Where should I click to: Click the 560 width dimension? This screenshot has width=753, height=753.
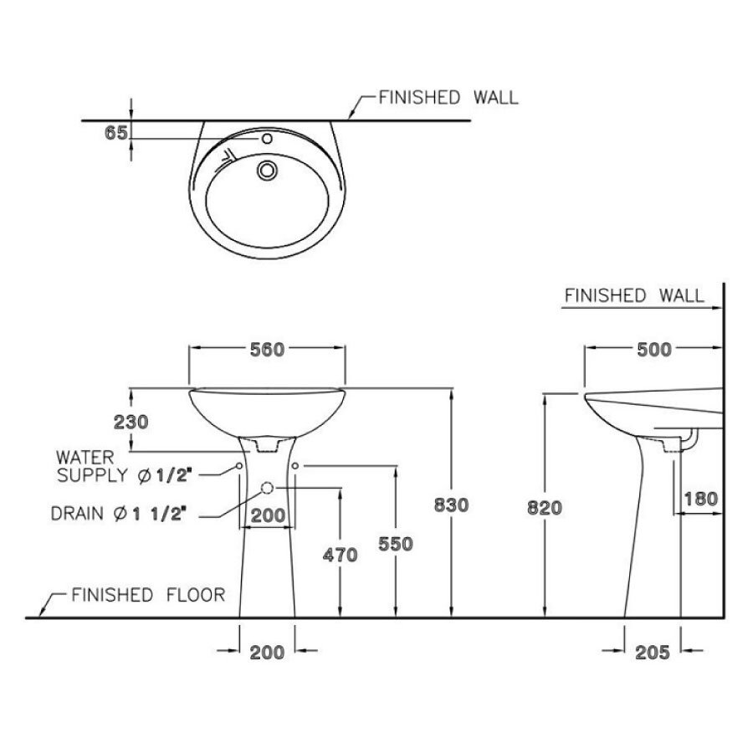coord(268,350)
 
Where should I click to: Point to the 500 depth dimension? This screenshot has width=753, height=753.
coord(653,350)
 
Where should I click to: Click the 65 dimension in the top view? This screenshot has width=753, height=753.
coord(116,132)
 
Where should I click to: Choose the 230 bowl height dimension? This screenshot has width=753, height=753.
coord(130,422)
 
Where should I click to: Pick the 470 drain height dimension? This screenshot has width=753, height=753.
coord(340,555)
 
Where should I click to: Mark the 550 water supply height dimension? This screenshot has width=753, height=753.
coord(395,545)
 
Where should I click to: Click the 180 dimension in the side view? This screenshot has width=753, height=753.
coord(699,499)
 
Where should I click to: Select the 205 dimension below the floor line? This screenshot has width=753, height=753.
coord(653,653)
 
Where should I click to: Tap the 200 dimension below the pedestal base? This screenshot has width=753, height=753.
coord(267,653)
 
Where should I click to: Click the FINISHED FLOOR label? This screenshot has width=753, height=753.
coord(147,595)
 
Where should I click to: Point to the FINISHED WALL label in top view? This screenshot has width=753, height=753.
coord(448,97)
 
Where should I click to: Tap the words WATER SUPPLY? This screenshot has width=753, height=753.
coord(92,467)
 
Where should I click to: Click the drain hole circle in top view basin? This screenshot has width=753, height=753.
coord(268,170)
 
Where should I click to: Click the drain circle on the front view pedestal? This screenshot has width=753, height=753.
coord(268,487)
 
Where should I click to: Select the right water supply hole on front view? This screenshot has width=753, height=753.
coord(296,464)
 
